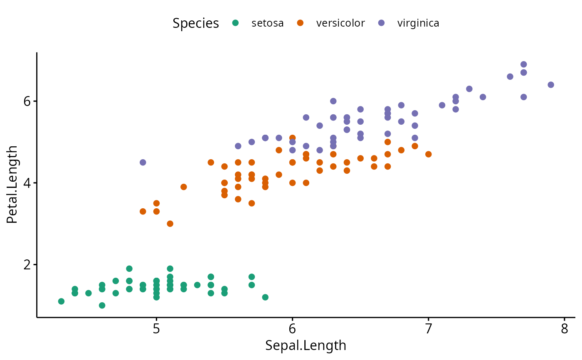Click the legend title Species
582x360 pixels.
pyautogui.click(x=195, y=23)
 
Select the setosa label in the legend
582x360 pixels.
pyautogui.click(x=267, y=23)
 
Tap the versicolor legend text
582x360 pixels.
pyautogui.click(x=340, y=23)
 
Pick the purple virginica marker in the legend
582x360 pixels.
pyautogui.click(x=382, y=23)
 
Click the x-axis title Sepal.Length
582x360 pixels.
pyautogui.click(x=306, y=345)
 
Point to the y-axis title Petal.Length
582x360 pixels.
pyautogui.click(x=12, y=185)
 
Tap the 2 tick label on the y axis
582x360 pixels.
pyautogui.click(x=27, y=265)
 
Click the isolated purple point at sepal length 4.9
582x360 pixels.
pyautogui.click(x=143, y=162)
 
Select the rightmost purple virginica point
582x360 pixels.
pyautogui.click(x=551, y=85)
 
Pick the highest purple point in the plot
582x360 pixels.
pyautogui.click(x=523, y=64)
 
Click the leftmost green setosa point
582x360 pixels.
pyautogui.click(x=61, y=301)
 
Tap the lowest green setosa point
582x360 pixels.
pyautogui.click(x=102, y=305)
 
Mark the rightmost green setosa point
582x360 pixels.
pyautogui.click(x=265, y=297)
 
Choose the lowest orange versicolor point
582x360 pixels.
pyautogui.click(x=170, y=224)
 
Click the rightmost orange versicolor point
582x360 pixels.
pyautogui.click(x=428, y=154)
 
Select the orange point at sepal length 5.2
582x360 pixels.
pyautogui.click(x=183, y=187)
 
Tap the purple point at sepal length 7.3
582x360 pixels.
pyautogui.click(x=469, y=89)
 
